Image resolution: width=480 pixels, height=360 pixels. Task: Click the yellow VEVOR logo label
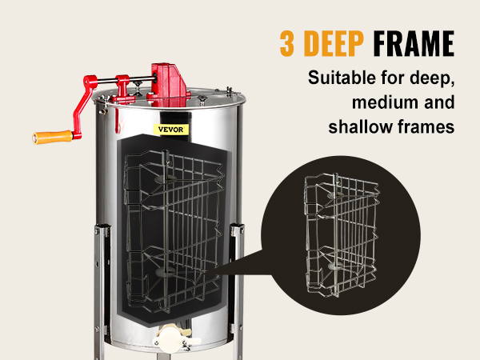tap(171, 129)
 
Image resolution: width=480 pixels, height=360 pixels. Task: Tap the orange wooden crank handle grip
tap(53, 137)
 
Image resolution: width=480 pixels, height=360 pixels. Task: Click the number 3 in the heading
tap(287, 43)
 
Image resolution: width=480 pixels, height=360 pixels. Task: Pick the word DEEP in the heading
tap(334, 43)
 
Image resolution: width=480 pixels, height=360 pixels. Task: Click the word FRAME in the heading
tap(414, 43)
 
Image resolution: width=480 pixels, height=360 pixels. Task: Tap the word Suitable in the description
tap(342, 78)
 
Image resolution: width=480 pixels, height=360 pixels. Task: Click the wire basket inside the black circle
tap(342, 235)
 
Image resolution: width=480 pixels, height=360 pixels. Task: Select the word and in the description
tap(439, 102)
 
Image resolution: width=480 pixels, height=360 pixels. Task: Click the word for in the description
tap(393, 78)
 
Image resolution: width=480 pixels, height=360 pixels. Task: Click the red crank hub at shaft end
tap(90, 81)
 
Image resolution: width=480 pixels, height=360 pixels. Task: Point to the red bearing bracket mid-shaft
tap(123, 88)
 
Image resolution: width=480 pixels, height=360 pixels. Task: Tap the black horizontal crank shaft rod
tap(126, 80)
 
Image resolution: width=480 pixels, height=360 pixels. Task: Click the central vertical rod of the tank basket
tap(166, 230)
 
